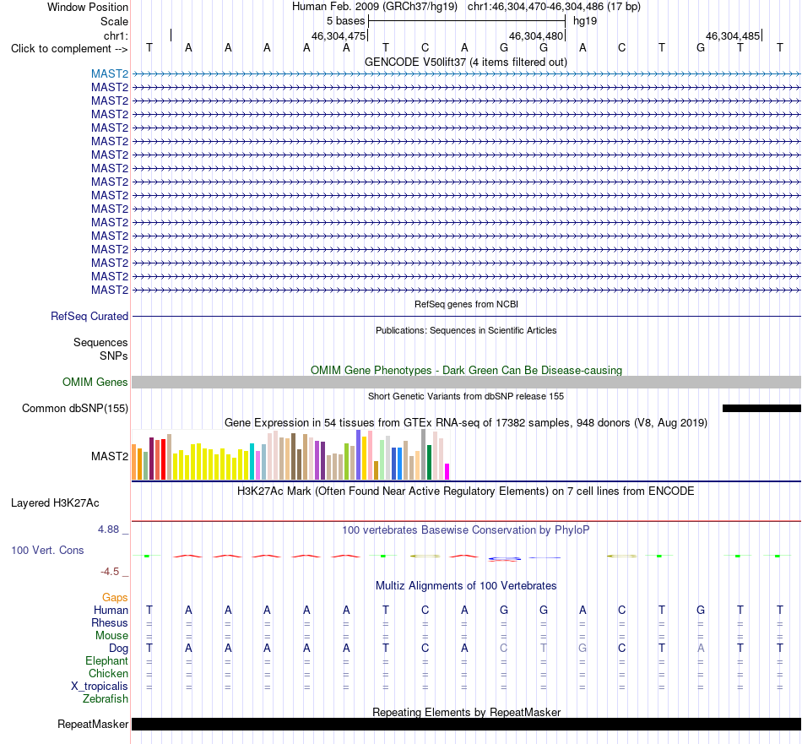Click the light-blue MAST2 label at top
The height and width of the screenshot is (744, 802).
(x=110, y=73)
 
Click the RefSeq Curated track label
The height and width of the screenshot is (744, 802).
(x=89, y=316)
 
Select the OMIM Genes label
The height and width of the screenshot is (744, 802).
(x=95, y=383)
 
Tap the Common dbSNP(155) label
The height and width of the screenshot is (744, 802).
(x=75, y=409)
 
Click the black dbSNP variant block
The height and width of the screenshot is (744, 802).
(x=761, y=409)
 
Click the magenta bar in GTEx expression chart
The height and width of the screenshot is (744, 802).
(x=447, y=471)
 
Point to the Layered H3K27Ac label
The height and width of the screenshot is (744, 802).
(x=55, y=503)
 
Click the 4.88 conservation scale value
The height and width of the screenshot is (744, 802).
(x=108, y=529)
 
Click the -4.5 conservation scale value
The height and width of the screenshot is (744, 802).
(x=110, y=572)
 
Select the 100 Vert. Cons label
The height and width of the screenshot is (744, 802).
(x=47, y=550)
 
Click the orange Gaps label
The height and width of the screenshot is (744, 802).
(x=115, y=598)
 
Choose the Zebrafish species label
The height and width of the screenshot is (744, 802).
(x=106, y=698)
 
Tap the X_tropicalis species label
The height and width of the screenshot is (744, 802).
(x=100, y=687)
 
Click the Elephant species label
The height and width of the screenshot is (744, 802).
(x=107, y=660)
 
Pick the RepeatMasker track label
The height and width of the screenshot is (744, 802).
(x=93, y=724)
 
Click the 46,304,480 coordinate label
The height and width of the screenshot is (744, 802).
(x=535, y=35)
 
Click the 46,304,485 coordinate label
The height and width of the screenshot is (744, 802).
(x=733, y=35)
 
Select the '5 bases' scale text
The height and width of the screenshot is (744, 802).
(x=346, y=21)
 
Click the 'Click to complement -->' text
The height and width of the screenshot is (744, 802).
(x=69, y=49)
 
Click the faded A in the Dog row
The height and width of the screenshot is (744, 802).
(x=701, y=648)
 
